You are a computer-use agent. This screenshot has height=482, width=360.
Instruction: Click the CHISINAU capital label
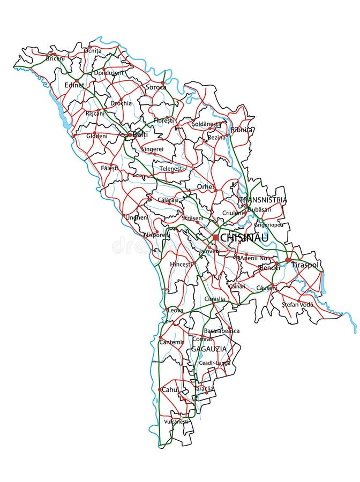[244, 237]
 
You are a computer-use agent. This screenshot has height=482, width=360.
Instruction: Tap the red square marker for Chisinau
[215, 237]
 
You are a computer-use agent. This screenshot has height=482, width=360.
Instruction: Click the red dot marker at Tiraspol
[288, 260]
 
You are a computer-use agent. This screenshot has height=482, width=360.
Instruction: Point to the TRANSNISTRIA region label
[263, 200]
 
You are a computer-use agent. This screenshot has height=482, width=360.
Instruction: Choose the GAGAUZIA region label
[209, 349]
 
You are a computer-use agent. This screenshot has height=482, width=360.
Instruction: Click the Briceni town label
[55, 58]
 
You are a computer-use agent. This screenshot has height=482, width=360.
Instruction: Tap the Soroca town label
[156, 87]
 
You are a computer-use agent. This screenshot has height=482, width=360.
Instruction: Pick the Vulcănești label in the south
[176, 421]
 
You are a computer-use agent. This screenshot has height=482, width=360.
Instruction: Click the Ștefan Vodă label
[297, 304]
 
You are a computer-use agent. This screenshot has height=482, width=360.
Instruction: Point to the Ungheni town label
[137, 217]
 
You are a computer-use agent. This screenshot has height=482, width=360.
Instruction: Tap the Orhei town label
[205, 186]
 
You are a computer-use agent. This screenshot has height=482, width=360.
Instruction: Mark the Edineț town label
[74, 85]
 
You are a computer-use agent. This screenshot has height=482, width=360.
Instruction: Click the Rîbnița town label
[242, 130]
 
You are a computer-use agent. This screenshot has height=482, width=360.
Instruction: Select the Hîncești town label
[181, 264]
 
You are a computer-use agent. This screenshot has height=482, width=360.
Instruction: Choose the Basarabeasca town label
[222, 331]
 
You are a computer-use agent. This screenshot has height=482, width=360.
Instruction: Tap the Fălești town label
[109, 168]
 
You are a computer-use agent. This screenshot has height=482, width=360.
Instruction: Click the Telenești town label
[171, 168]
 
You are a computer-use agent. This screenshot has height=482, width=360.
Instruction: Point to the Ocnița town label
[92, 51]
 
